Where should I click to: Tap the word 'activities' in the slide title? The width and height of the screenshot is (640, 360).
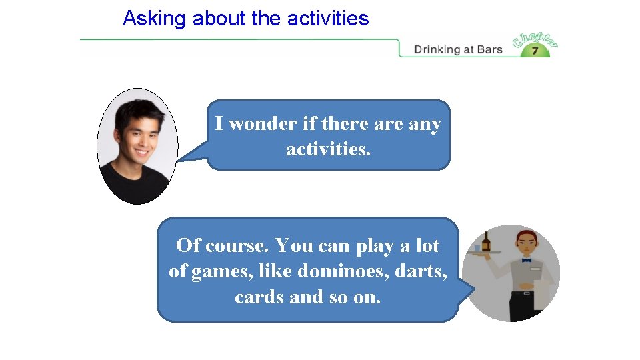[328, 19]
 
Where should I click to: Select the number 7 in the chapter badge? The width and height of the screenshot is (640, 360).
[535, 51]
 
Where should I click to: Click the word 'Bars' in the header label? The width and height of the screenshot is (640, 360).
[489, 49]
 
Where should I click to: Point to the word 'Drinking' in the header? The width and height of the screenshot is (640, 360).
[437, 49]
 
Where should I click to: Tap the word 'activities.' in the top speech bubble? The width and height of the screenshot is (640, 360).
[328, 149]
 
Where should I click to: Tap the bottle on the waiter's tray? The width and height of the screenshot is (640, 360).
[486, 241]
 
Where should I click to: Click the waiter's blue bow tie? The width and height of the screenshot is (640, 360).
[526, 260]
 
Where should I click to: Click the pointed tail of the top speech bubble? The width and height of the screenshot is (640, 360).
[187, 157]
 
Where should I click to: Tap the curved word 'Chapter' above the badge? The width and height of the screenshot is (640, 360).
[535, 39]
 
